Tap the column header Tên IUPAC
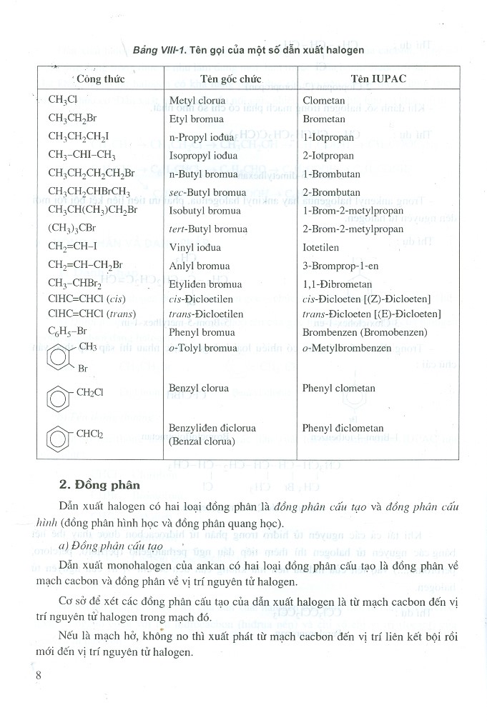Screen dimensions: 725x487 point(378,79)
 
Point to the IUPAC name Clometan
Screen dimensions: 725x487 point(323,101)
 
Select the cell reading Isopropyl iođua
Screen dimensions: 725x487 point(203,155)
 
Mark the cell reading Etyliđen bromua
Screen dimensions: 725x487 point(205,284)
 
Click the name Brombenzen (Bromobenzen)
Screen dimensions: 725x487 point(365,332)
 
